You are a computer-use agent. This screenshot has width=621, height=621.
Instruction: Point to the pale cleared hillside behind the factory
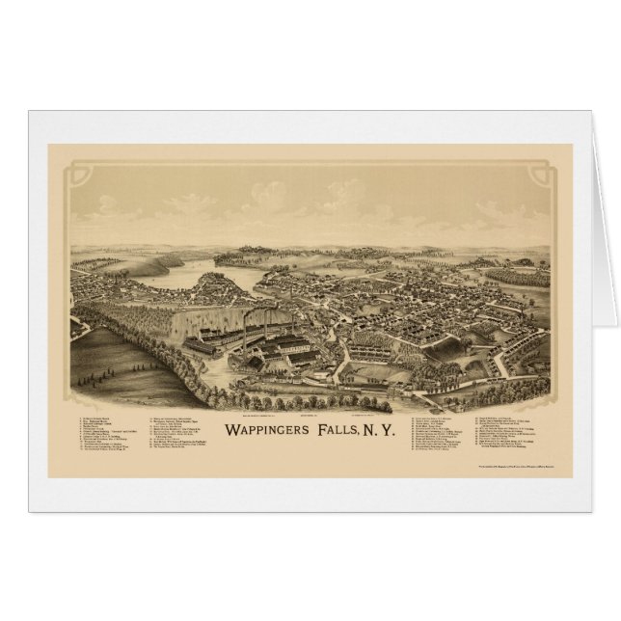[183, 309]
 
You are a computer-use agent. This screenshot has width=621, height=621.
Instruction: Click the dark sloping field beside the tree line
[125, 366]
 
